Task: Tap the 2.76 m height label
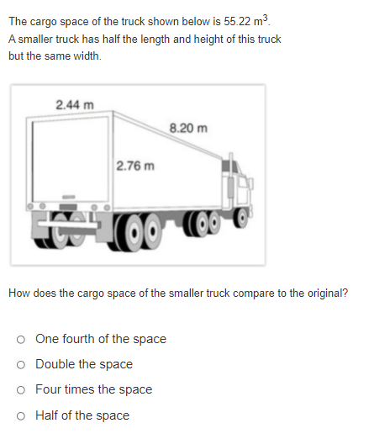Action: pyautogui.click(x=135, y=165)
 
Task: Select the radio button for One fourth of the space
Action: pyautogui.click(x=19, y=340)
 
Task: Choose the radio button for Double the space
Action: pyautogui.click(x=19, y=365)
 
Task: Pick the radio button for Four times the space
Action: pyautogui.click(x=19, y=390)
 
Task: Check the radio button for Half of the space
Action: pyautogui.click(x=19, y=415)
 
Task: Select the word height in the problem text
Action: pyautogui.click(x=208, y=39)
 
